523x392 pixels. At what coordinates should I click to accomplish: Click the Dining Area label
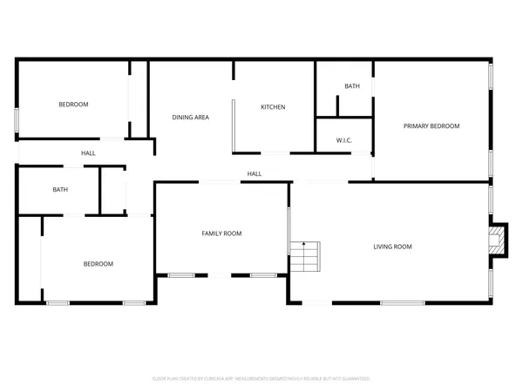pyautogui.click(x=190, y=117)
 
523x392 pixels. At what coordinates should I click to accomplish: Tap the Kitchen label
pyautogui.click(x=273, y=107)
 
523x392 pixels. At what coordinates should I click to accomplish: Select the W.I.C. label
pyautogui.click(x=343, y=140)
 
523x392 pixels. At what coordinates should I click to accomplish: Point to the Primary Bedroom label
pyautogui.click(x=431, y=126)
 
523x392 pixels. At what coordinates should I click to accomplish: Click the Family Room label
pyautogui.click(x=221, y=233)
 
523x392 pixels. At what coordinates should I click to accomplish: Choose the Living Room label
pyautogui.click(x=392, y=247)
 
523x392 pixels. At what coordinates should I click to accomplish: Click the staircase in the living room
pyautogui.click(x=306, y=256)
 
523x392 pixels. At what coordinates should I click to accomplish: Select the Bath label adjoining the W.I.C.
pyautogui.click(x=351, y=86)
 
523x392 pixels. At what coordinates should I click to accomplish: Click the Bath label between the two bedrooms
pyautogui.click(x=60, y=189)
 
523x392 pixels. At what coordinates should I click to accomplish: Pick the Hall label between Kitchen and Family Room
pyautogui.click(x=254, y=173)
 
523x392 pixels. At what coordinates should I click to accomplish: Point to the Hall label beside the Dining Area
pyautogui.click(x=88, y=153)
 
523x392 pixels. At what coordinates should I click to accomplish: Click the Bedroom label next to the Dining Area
pyautogui.click(x=73, y=105)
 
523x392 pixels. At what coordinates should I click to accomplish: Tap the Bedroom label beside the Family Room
pyautogui.click(x=98, y=264)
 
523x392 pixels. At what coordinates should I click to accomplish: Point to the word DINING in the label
pyautogui.click(x=181, y=117)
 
